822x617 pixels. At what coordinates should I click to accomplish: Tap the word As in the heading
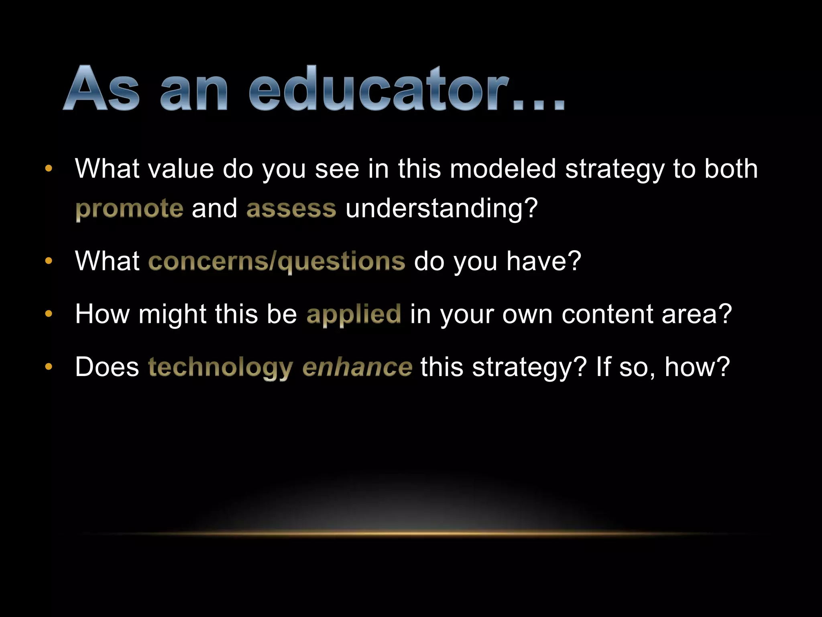click(x=102, y=89)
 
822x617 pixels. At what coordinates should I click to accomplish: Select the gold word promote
click(x=129, y=209)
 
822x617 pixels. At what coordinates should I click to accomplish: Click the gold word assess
click(x=291, y=209)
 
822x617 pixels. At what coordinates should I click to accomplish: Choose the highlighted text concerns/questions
click(x=277, y=262)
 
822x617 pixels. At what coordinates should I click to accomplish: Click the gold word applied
click(x=354, y=314)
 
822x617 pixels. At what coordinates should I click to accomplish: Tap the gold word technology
click(x=220, y=368)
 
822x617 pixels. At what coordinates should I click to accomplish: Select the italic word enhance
click(x=357, y=368)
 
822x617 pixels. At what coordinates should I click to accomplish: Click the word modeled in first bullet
click(x=503, y=169)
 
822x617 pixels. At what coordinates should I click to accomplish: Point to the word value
click(x=181, y=169)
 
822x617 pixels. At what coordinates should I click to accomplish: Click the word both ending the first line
click(x=731, y=169)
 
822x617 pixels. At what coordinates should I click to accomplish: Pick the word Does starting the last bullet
click(x=107, y=367)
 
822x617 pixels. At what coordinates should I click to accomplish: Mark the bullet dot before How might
click(x=49, y=314)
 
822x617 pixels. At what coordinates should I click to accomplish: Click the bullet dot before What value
click(x=49, y=169)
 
